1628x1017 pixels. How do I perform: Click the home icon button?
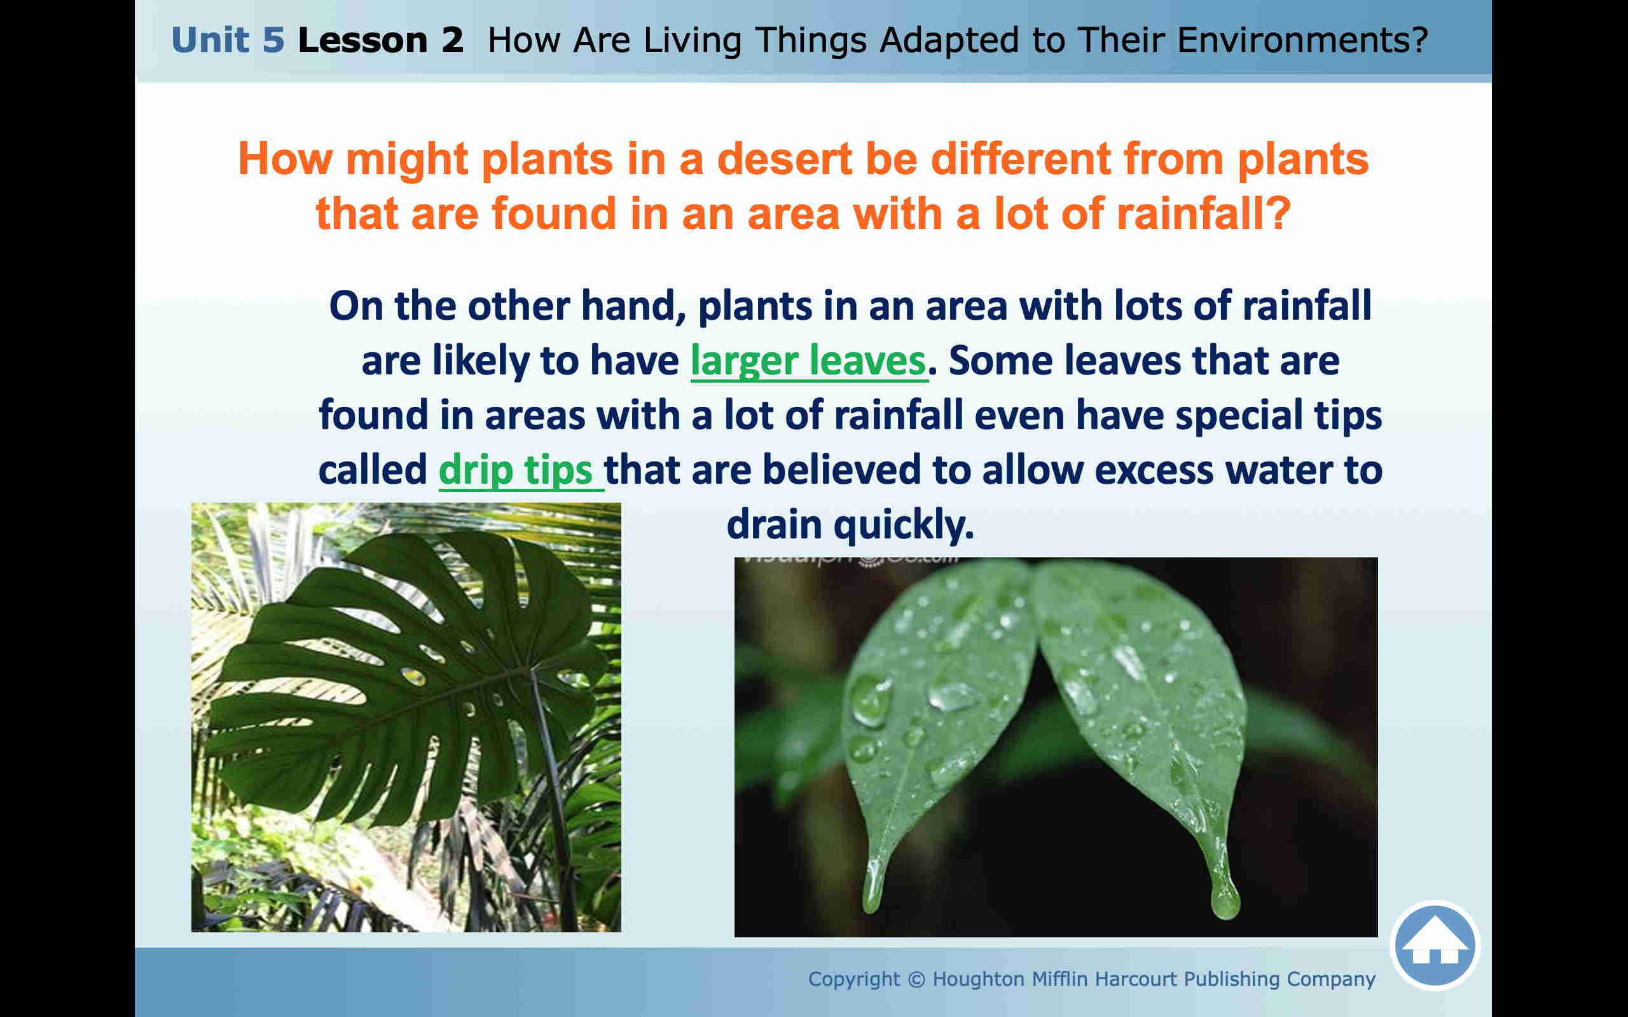(1435, 945)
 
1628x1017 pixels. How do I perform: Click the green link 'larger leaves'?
(808, 361)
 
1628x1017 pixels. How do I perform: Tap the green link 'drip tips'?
(515, 470)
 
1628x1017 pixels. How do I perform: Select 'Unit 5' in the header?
(228, 39)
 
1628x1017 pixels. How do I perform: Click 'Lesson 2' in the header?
(380, 39)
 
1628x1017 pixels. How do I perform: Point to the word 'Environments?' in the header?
(1302, 39)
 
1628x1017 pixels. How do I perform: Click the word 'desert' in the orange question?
(783, 160)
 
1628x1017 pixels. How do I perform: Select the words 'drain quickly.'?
(850, 524)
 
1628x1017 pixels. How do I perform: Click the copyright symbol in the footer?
(916, 979)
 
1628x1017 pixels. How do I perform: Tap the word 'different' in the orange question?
(1021, 160)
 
